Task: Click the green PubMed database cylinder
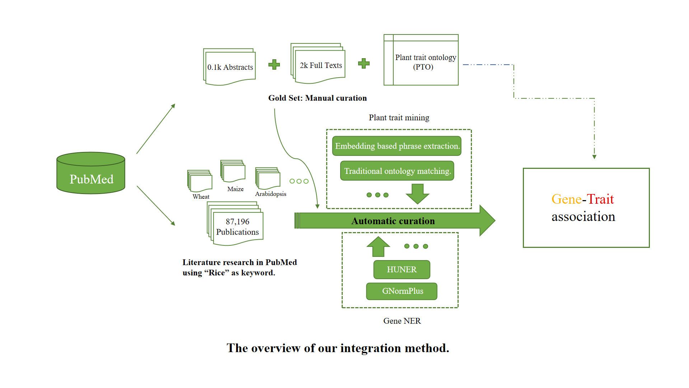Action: click(x=91, y=174)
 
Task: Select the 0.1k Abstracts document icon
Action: click(x=230, y=67)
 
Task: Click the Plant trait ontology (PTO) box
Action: click(x=421, y=60)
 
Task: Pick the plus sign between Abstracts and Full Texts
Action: click(x=274, y=65)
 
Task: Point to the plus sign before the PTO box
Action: click(x=364, y=64)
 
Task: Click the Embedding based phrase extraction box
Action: click(x=397, y=146)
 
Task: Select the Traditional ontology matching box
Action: click(x=397, y=171)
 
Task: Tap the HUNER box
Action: click(x=402, y=269)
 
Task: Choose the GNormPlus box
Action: click(x=402, y=291)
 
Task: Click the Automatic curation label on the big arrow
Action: click(x=393, y=221)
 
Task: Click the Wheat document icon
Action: click(x=200, y=181)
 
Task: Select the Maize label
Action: click(x=235, y=189)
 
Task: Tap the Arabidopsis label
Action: click(x=271, y=194)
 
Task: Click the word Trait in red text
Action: click(x=600, y=199)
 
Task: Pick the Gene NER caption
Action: click(x=402, y=321)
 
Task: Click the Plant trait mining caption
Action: click(x=399, y=117)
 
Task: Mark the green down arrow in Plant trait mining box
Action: click(x=417, y=193)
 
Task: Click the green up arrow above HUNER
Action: click(x=378, y=246)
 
